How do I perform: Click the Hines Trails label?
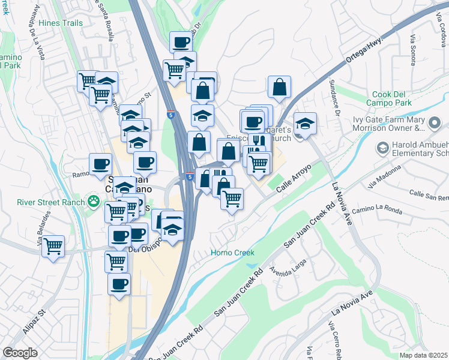pyautogui.click(x=60, y=23)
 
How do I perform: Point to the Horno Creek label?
pyautogui.click(x=233, y=253)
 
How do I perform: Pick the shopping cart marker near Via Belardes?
pyautogui.click(x=53, y=245)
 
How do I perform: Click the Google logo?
pyautogui.click(x=20, y=353)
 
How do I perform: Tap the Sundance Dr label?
pyautogui.click(x=337, y=106)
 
